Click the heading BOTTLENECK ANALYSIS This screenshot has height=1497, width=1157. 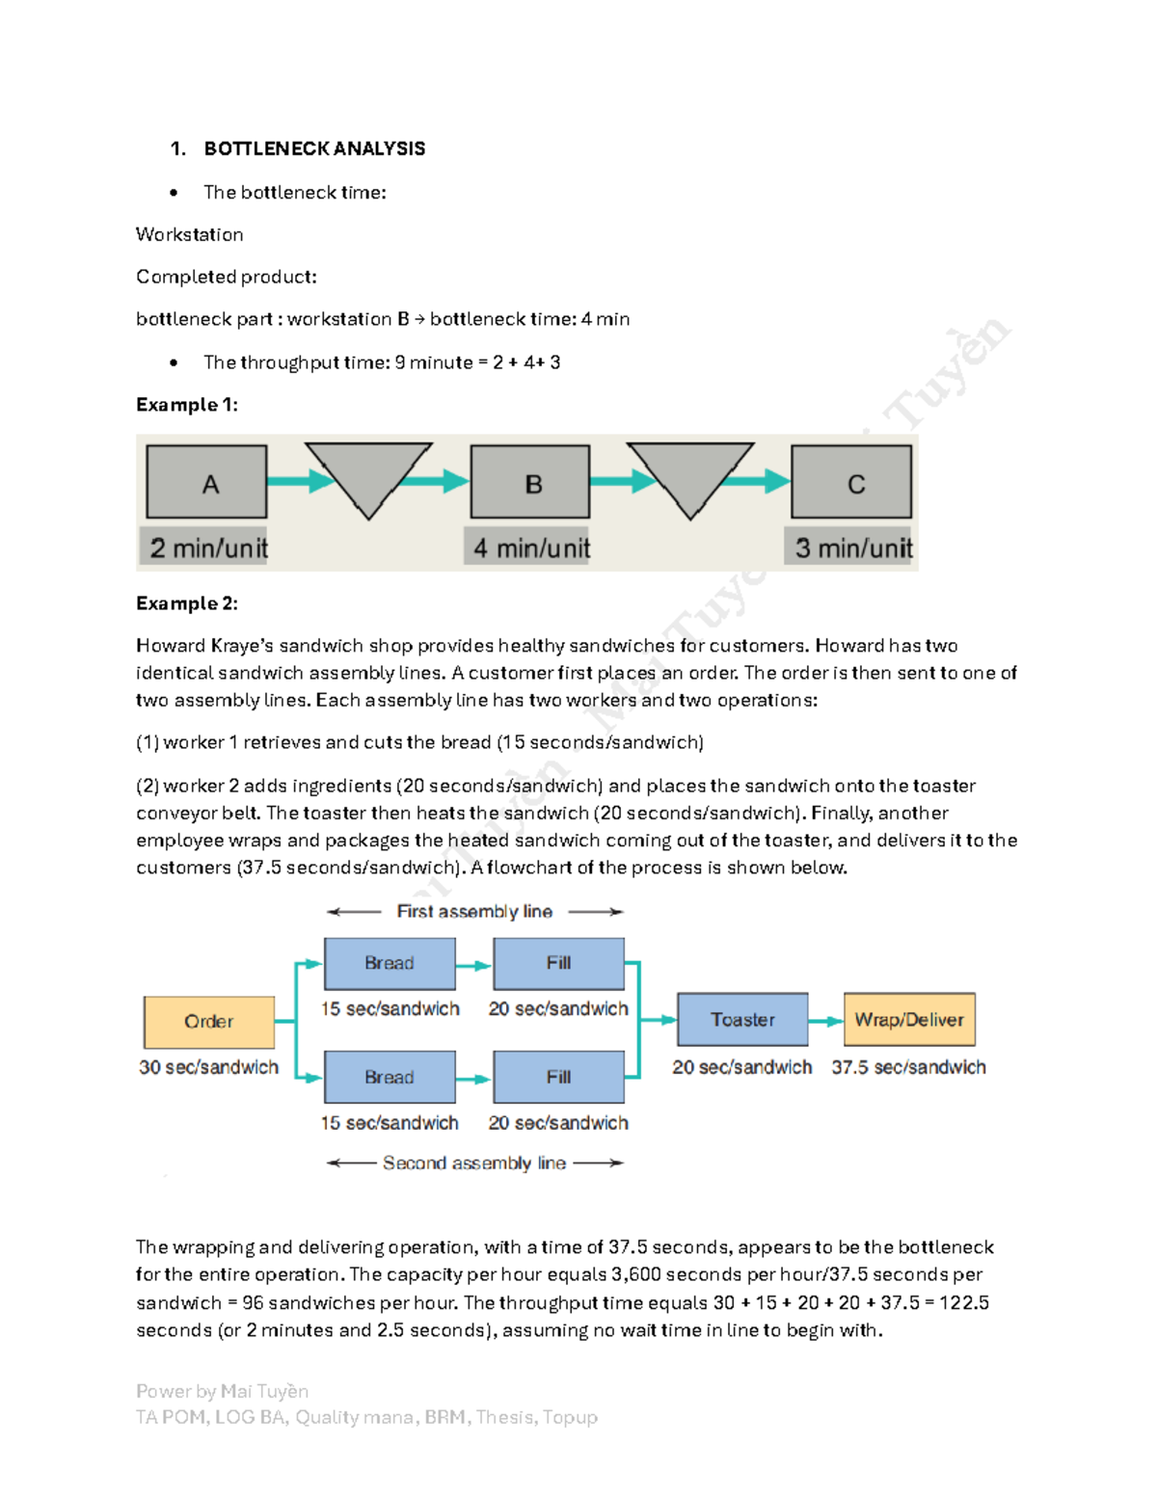314,148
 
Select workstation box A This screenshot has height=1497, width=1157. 207,482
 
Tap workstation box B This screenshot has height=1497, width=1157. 530,482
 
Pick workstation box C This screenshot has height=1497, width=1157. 851,482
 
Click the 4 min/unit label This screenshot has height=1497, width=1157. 530,548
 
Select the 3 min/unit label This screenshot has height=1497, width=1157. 852,548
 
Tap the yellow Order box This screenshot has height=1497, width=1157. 209,1022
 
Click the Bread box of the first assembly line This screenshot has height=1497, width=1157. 390,963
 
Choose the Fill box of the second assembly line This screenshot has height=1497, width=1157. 558,1077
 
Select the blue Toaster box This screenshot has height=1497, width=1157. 742,1020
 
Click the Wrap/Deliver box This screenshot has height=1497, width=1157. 909,1020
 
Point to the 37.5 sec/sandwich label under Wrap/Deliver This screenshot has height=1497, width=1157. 908,1067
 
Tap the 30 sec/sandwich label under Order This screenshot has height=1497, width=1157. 208,1067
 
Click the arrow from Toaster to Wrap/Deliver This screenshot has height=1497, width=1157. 826,1021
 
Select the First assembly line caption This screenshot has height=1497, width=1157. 474,911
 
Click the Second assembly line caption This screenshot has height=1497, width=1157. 474,1163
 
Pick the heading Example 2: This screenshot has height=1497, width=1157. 186,603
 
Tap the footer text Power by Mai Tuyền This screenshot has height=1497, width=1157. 222,1391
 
